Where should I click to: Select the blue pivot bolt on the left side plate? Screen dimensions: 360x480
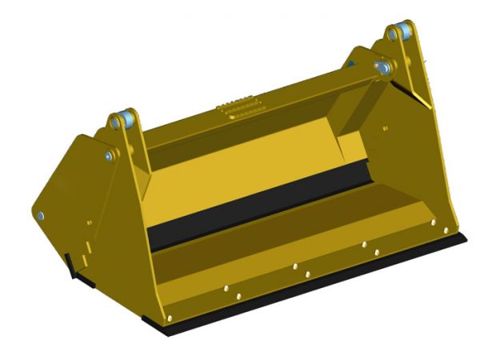[42, 216]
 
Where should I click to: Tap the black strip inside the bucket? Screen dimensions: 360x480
[256, 207]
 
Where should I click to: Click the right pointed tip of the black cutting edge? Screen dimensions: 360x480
[466, 233]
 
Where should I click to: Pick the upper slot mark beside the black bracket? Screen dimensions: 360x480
[85, 241]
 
